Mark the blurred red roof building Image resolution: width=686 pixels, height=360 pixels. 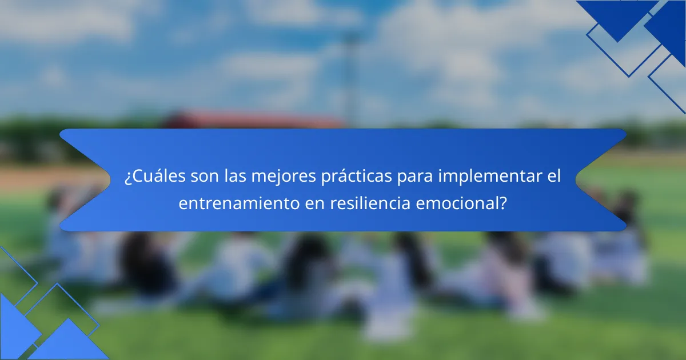click(252, 121)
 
